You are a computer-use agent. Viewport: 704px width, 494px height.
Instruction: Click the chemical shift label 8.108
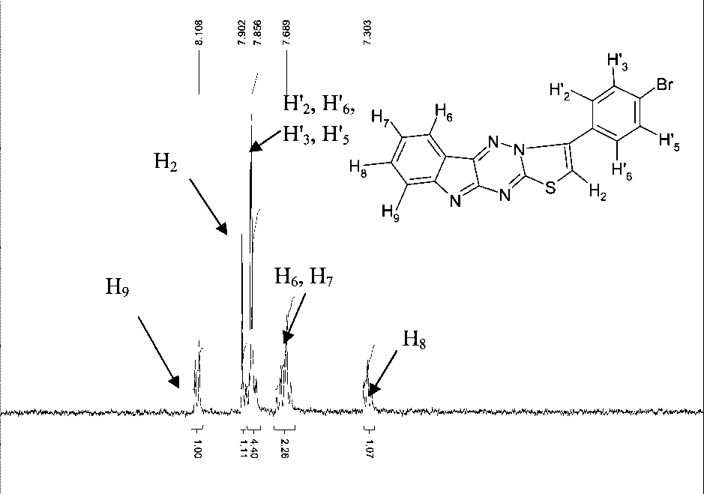coord(199,36)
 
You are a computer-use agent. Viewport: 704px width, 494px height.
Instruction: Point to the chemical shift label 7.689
coord(286,36)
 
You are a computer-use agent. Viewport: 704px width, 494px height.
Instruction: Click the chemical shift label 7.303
coord(367,36)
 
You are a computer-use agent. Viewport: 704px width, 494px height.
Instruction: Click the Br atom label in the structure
coord(667,85)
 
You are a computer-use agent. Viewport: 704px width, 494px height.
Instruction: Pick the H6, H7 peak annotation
coord(304,279)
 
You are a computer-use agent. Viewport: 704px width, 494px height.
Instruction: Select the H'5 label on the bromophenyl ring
coord(669,142)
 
